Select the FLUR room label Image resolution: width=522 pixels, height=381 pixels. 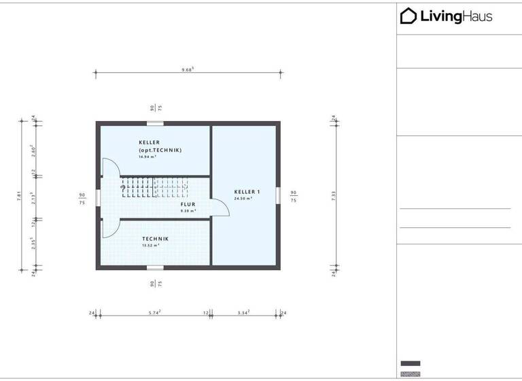(x=188, y=204)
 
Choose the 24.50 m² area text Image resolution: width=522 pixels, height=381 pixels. (x=243, y=199)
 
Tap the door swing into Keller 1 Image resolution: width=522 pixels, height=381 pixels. (x=220, y=208)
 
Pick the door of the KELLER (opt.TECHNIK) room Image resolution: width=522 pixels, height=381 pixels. (x=110, y=167)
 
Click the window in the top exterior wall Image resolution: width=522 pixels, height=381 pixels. (x=156, y=123)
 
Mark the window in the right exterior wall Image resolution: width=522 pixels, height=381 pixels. (x=278, y=195)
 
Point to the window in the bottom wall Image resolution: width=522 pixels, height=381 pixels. (x=156, y=267)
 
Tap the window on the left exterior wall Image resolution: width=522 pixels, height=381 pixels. (x=98, y=197)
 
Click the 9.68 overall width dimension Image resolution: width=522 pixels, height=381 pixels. (x=188, y=69)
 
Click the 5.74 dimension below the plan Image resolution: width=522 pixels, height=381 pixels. (x=154, y=312)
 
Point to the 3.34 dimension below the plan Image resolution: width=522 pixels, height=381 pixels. (x=243, y=312)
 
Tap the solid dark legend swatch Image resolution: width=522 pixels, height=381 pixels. (x=411, y=363)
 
